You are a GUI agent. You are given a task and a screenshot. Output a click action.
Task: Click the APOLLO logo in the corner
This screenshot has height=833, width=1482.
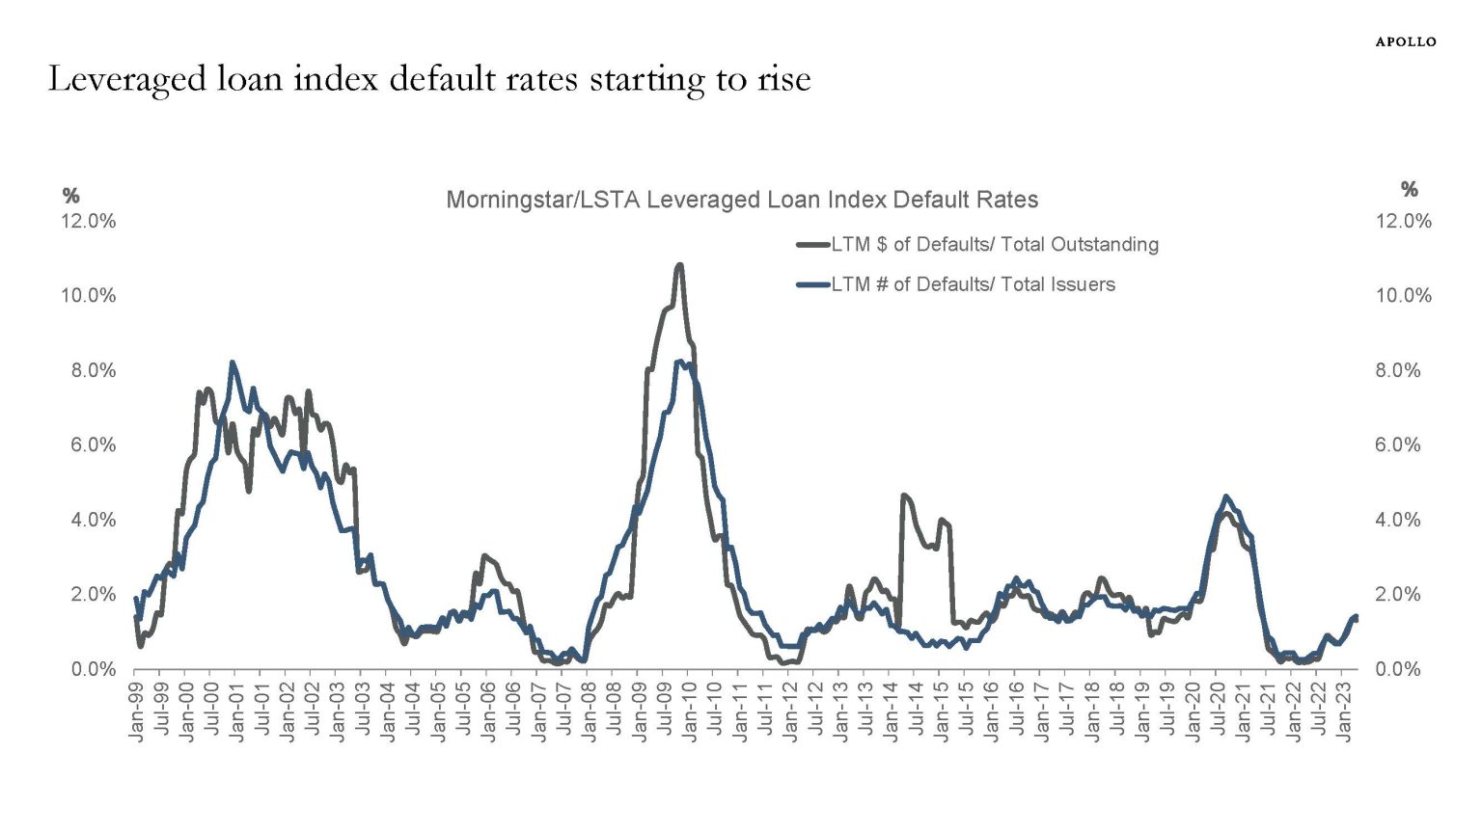pos(1405,41)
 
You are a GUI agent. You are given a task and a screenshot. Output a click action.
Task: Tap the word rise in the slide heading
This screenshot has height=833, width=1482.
pos(783,79)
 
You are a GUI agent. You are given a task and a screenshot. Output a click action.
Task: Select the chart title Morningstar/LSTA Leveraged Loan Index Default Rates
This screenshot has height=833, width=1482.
pos(741,200)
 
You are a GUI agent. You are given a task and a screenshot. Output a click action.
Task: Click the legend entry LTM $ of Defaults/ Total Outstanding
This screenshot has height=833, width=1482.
pos(994,245)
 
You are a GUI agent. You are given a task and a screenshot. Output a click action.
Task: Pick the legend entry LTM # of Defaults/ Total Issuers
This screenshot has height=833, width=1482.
pos(973,284)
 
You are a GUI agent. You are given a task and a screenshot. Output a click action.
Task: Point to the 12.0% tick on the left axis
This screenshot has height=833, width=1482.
pos(88,221)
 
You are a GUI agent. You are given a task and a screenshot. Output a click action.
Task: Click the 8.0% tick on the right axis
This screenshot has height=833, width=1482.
pos(1398,370)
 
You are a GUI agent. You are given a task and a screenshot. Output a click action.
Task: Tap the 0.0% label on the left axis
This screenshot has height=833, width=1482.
pos(93,669)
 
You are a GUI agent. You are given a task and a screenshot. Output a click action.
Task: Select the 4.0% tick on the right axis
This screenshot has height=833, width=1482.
pos(1398,520)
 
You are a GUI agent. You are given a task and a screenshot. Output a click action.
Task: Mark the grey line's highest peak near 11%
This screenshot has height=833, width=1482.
pos(679,264)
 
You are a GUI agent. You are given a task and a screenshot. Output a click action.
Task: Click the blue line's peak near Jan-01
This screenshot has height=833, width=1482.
pos(233,363)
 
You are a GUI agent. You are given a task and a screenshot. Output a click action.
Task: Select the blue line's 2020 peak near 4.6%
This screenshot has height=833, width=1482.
pos(1225,497)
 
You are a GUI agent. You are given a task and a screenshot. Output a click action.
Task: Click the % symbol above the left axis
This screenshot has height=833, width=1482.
pos(70,196)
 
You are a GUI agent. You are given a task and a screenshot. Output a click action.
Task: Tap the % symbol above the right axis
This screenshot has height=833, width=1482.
pos(1410,189)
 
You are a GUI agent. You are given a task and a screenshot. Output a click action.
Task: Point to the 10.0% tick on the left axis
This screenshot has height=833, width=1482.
pos(88,296)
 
